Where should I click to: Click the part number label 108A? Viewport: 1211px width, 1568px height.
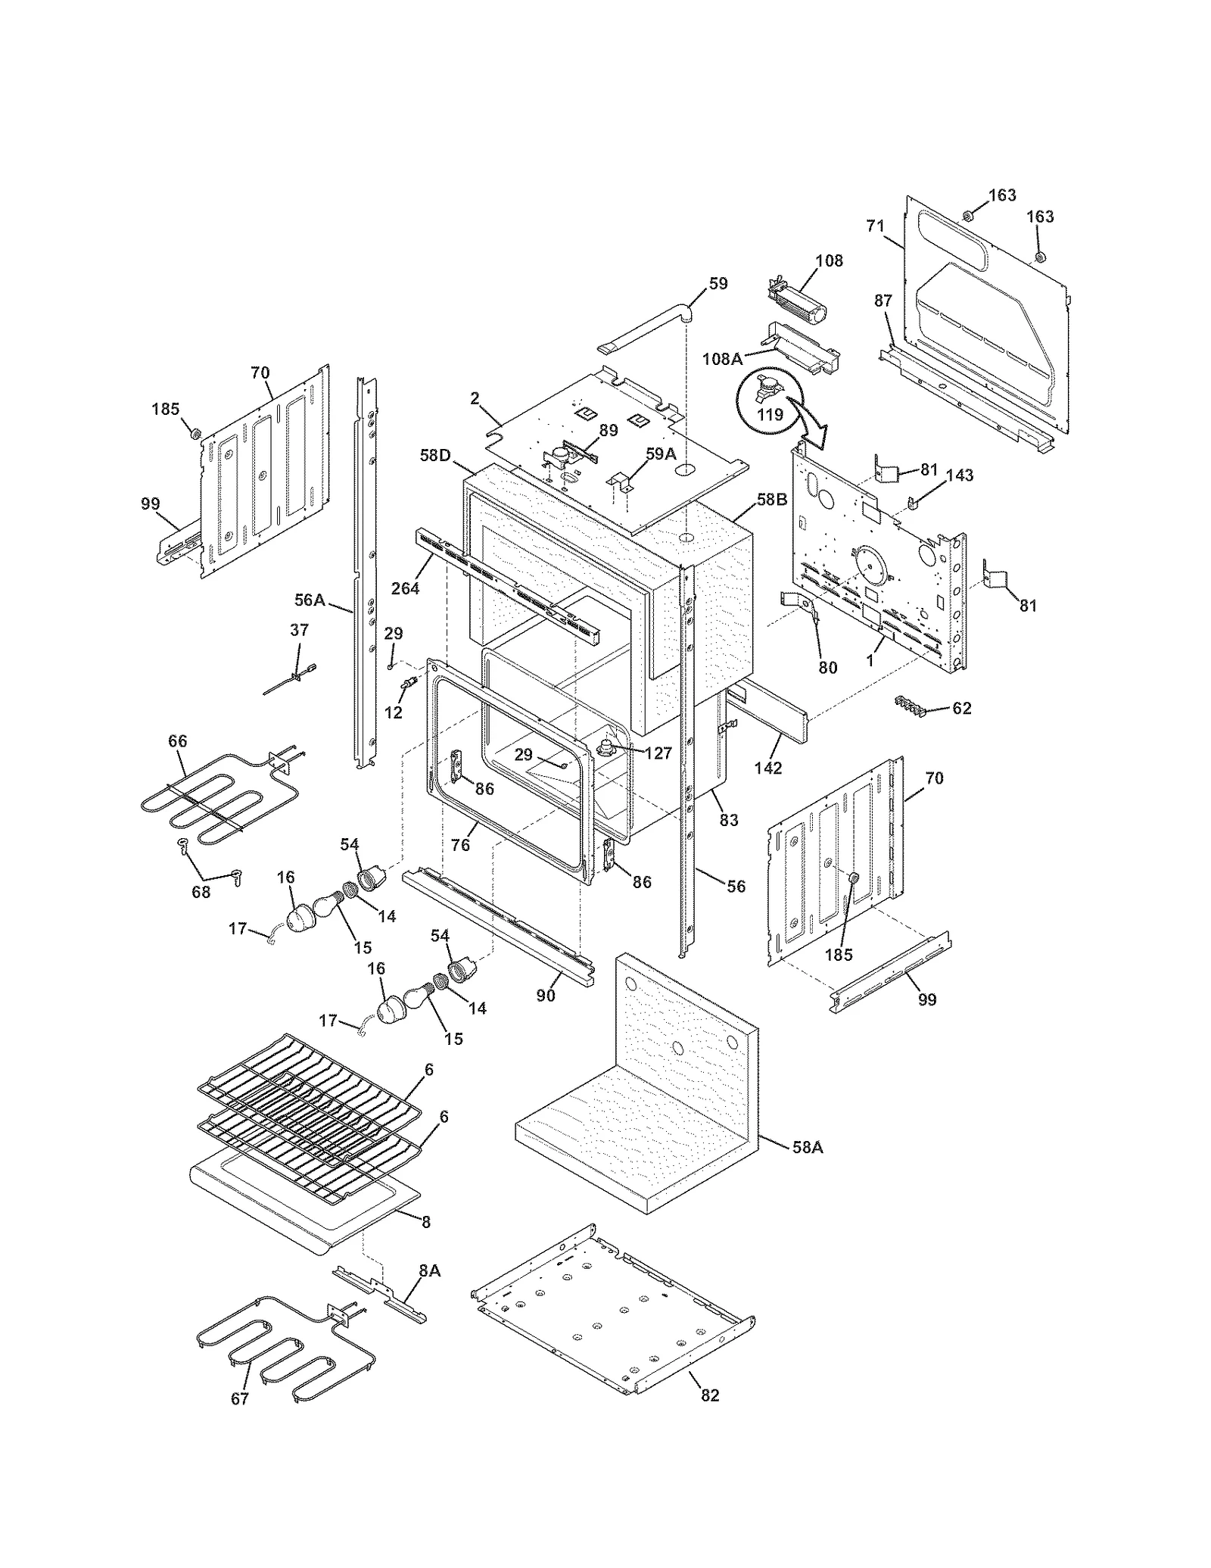point(722,359)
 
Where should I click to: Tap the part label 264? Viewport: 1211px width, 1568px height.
point(405,588)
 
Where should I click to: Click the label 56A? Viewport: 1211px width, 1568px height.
point(310,600)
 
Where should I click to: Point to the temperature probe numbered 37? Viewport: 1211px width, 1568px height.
point(290,677)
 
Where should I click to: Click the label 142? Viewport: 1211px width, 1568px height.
point(767,768)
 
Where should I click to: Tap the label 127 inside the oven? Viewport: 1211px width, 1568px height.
point(658,753)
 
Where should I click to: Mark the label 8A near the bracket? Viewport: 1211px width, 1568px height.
point(429,1271)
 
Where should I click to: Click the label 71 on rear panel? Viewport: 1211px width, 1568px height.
point(875,226)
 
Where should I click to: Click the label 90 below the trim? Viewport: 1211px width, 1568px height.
point(546,996)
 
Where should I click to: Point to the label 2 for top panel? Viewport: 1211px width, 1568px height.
point(475,398)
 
